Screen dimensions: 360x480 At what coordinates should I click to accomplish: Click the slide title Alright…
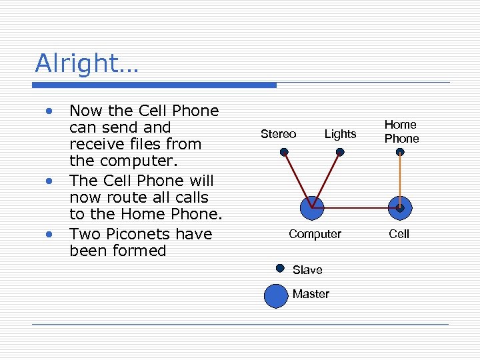[86, 63]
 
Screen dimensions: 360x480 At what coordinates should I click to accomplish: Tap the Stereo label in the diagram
[278, 134]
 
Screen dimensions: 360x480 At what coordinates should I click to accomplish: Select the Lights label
[340, 134]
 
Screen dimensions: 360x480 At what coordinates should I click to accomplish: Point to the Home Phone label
[401, 131]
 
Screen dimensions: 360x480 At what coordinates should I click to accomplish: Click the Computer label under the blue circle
[315, 234]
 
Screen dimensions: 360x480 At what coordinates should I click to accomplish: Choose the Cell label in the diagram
[399, 234]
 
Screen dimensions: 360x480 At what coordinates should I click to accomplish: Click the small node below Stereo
[284, 152]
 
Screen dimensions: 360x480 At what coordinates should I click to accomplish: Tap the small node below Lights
[340, 152]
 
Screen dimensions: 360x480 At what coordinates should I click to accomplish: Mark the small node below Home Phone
[400, 152]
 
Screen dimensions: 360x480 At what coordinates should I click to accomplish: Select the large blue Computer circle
[312, 207]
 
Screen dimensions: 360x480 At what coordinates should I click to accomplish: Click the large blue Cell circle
[399, 208]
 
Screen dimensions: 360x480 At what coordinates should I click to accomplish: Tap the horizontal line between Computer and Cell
[356, 208]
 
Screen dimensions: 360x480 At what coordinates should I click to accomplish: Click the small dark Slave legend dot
[280, 269]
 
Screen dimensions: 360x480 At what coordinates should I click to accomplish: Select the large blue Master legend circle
[275, 295]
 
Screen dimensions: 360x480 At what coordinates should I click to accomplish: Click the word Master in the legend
[311, 294]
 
